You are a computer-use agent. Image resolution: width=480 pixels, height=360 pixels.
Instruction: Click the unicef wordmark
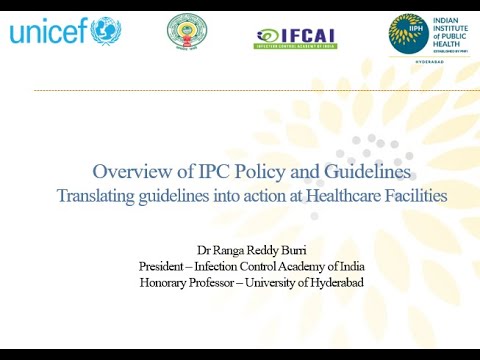click(x=49, y=32)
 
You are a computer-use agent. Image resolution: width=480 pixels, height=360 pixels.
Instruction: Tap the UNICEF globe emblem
click(x=106, y=31)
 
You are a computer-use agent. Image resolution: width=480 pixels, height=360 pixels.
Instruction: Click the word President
click(x=165, y=265)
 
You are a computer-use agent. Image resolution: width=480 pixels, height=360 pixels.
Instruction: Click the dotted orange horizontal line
click(x=250, y=90)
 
